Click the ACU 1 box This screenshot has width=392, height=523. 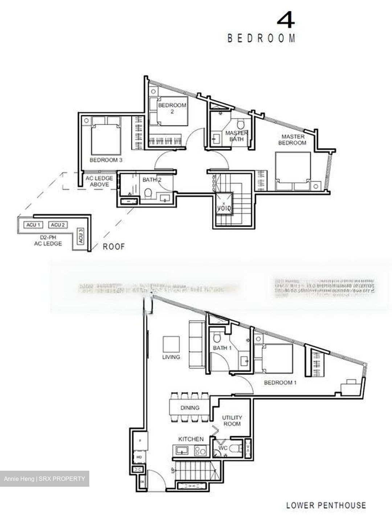click(32, 225)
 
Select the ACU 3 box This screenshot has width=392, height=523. click(81, 236)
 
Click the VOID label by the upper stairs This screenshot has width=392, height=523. click(222, 208)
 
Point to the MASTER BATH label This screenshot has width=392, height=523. click(236, 136)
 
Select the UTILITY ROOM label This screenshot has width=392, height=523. click(232, 421)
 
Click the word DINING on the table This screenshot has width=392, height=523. click(190, 408)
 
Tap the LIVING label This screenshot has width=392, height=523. click(171, 357)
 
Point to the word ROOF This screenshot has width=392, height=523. click(114, 247)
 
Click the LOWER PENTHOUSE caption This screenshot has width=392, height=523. click(326, 505)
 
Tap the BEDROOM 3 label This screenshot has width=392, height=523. click(106, 160)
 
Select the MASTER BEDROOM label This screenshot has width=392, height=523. click(292, 139)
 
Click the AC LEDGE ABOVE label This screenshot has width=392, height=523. click(99, 181)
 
